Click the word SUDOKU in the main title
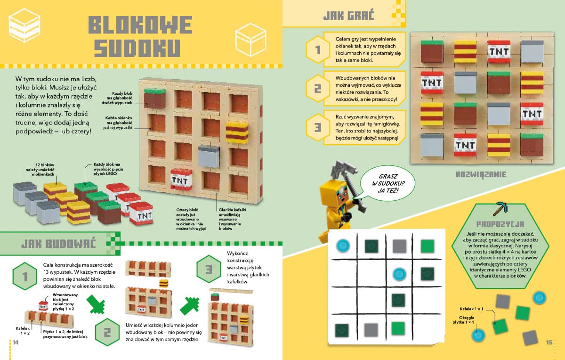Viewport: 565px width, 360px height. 137,48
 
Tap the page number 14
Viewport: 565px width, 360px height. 16,342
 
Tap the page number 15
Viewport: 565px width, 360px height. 549,342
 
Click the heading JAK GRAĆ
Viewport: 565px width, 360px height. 348,16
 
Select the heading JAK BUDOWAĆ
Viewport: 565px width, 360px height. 58,244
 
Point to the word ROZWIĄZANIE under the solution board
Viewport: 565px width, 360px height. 481,174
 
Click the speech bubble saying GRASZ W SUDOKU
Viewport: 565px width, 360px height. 387,183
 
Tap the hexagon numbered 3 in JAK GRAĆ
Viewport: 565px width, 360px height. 318,127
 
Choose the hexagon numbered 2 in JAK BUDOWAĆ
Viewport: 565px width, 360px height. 107,332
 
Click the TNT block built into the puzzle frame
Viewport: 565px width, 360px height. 181,179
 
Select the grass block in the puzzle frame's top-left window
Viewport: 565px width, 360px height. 154,98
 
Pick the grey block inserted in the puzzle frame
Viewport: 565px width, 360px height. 209,156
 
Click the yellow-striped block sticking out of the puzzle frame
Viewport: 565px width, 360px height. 237,132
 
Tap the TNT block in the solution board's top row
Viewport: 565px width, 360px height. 499,51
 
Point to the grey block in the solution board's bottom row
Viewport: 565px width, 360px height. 432,145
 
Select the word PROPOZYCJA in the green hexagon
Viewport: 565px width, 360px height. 500,224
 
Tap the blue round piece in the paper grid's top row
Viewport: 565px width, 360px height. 343,245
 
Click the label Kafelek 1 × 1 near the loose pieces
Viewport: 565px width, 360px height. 471,309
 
